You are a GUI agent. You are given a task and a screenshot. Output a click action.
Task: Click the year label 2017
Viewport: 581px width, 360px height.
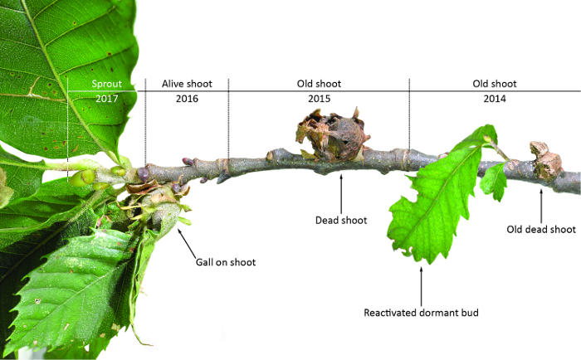[x=106, y=99]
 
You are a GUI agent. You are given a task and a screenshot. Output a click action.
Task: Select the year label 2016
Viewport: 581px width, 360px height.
[x=188, y=99]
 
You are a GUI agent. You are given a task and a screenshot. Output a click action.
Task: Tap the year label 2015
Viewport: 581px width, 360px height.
[x=319, y=99]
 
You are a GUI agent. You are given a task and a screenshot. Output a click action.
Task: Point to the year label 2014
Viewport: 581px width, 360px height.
[x=495, y=99]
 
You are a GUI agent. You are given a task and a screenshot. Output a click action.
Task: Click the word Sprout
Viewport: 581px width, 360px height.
[x=106, y=84]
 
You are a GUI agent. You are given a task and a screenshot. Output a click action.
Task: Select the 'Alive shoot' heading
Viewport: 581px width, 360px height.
[x=188, y=84]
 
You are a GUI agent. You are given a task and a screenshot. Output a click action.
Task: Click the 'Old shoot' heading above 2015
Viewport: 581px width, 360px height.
[x=319, y=84]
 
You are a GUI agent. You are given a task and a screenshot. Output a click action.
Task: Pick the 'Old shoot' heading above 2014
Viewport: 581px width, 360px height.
[x=495, y=84]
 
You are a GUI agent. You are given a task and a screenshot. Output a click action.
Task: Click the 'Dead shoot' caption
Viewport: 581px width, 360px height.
[x=341, y=221]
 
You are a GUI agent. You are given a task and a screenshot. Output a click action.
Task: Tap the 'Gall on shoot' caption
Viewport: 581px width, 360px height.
[x=225, y=262]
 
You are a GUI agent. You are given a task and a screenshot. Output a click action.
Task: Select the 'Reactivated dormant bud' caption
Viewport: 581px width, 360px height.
[x=421, y=314]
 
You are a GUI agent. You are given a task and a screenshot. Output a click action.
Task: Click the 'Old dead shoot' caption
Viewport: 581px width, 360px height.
[x=541, y=229]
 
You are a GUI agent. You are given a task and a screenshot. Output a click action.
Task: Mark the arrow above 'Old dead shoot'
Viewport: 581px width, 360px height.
[x=541, y=203]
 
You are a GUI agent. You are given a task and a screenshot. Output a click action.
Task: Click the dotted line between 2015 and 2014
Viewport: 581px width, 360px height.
[x=409, y=116]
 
